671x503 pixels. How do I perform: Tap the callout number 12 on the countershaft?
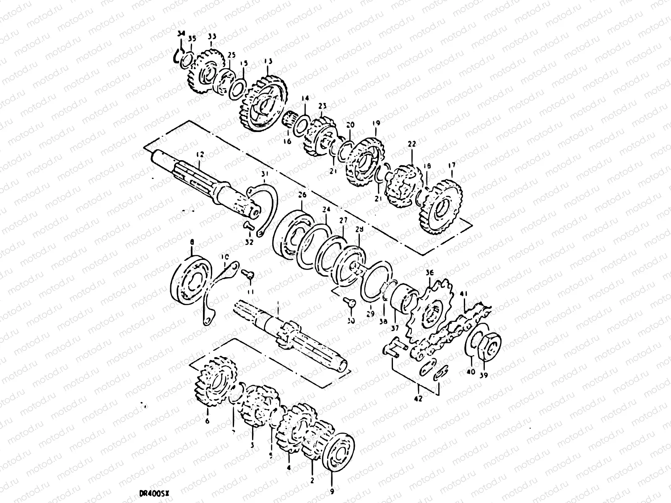point(199,155)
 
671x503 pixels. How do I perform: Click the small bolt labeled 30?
point(351,302)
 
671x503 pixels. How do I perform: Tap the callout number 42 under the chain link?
point(418,399)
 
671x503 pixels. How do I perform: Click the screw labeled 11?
point(248,274)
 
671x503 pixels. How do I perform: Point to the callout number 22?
point(412,144)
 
